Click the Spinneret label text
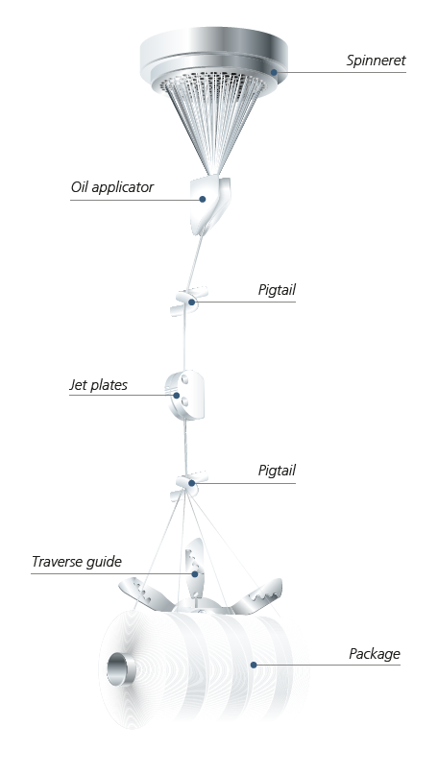[376, 61]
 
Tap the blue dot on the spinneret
[274, 72]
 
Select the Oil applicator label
[112, 187]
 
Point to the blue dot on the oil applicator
[203, 199]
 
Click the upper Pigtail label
[277, 290]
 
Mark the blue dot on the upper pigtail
[191, 302]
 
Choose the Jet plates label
[98, 385]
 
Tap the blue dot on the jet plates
[177, 395]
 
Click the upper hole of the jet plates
[184, 379]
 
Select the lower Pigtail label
[277, 471]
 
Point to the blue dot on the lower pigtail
[191, 482]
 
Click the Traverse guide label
[77, 562]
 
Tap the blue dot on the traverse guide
[195, 574]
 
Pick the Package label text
[375, 654]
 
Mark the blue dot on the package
[254, 665]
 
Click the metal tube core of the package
[121, 669]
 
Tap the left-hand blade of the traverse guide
[143, 595]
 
